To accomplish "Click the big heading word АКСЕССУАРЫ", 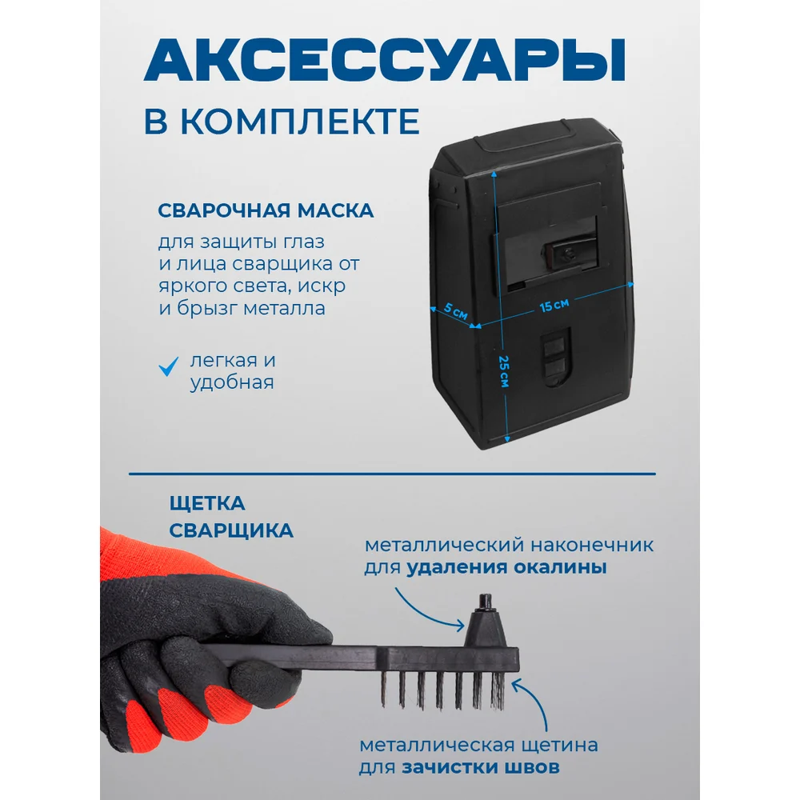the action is pyautogui.click(x=385, y=61).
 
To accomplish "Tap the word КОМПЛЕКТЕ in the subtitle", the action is pyautogui.click(x=300, y=122).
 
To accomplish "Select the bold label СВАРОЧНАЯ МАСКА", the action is pyautogui.click(x=266, y=210).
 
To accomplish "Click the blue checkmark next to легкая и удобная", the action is pyautogui.click(x=168, y=366).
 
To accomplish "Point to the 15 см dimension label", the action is pyautogui.click(x=554, y=305).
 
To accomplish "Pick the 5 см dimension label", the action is pyautogui.click(x=455, y=310).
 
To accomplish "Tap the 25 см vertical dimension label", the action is pyautogui.click(x=503, y=371).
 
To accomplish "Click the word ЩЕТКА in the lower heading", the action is pyautogui.click(x=208, y=503).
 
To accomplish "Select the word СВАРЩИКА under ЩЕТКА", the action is pyautogui.click(x=231, y=530).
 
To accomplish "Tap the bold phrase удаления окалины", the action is pyautogui.click(x=506, y=567).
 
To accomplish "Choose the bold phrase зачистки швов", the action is pyautogui.click(x=481, y=767).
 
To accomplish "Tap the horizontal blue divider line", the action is pyautogui.click(x=392, y=474).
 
